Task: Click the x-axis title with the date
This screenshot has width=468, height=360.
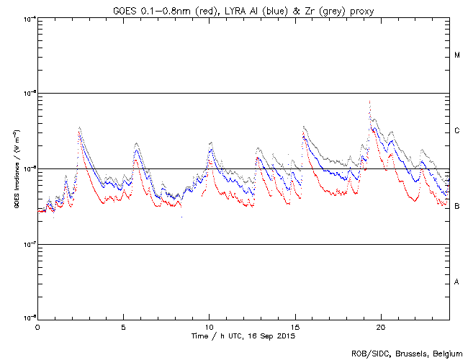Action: pyautogui.click(x=243, y=336)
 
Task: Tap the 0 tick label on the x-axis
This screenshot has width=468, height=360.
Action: pyautogui.click(x=37, y=326)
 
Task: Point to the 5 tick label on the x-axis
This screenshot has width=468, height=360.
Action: pyautogui.click(x=123, y=326)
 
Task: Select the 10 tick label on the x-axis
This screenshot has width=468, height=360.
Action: pyautogui.click(x=209, y=326)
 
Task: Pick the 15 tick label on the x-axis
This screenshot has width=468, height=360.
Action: pyautogui.click(x=294, y=326)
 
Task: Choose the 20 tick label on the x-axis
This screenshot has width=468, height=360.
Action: pyautogui.click(x=380, y=326)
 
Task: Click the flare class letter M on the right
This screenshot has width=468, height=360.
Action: pyautogui.click(x=457, y=55)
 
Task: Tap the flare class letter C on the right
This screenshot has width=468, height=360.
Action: pyautogui.click(x=457, y=131)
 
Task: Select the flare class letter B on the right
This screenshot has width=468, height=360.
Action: pyautogui.click(x=457, y=207)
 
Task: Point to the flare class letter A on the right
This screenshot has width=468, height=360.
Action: pyautogui.click(x=457, y=282)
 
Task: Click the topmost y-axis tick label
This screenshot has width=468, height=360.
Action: pyautogui.click(x=29, y=18)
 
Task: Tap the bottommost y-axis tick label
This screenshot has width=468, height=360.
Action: pyautogui.click(x=29, y=318)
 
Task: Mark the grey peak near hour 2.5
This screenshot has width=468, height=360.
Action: pyautogui.click(x=79, y=127)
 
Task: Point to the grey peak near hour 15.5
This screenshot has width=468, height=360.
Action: pyautogui.click(x=304, y=126)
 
